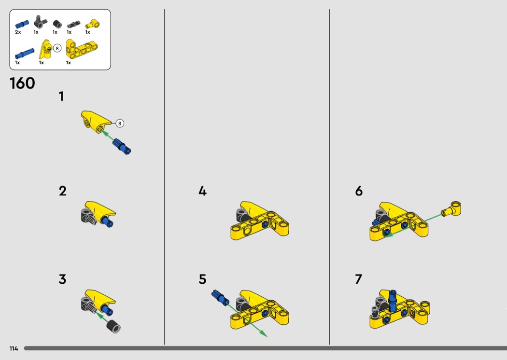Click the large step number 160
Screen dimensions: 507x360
(22, 83)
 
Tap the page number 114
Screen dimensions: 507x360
(14, 348)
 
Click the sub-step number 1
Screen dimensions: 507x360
(61, 97)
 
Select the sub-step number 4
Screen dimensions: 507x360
(202, 191)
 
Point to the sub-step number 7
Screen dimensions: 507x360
(359, 279)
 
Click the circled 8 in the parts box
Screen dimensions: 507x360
(57, 48)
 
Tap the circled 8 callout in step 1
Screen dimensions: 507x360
(120, 124)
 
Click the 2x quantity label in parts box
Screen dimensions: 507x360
(18, 32)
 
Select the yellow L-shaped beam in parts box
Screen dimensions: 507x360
(82, 49)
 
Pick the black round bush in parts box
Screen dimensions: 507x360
(57, 24)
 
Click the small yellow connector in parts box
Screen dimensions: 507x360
(93, 24)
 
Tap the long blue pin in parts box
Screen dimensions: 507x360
(25, 54)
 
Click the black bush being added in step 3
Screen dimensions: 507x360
(114, 326)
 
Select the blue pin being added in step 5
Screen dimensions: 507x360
(220, 297)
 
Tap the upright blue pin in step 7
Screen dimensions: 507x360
(393, 301)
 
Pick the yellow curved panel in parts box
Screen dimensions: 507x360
(46, 49)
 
